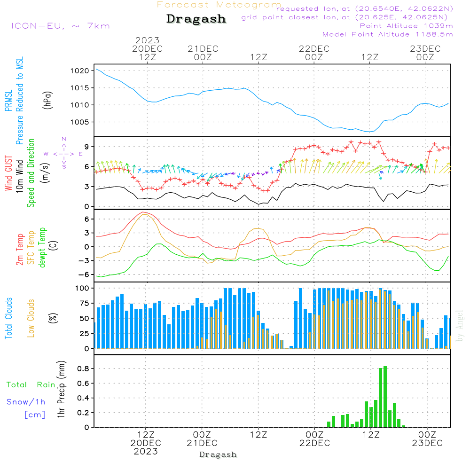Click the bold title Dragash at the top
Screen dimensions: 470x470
tap(196, 19)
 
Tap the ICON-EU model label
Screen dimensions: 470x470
tap(38, 26)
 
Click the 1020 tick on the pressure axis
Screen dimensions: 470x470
tap(80, 71)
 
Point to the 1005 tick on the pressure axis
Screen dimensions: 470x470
tap(80, 122)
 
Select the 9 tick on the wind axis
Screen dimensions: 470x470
tap(86, 147)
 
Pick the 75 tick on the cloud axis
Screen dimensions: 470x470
tap(84, 303)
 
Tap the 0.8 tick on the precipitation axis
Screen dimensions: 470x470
tap(83, 368)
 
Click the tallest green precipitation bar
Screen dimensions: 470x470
tap(385, 397)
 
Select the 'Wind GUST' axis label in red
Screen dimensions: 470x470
tap(8, 173)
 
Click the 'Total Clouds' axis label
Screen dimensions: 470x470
tap(8, 318)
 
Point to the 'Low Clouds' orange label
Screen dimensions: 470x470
tap(31, 318)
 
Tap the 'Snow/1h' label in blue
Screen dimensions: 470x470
tap(26, 402)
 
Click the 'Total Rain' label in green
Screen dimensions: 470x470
tap(31, 385)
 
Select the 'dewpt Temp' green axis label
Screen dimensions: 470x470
tap(42, 247)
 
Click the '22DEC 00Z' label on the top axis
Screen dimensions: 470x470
tap(314, 53)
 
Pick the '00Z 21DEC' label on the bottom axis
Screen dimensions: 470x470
tap(202, 439)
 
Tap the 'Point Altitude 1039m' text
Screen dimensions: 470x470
tap(406, 26)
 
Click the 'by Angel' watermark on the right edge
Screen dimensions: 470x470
tap(460, 326)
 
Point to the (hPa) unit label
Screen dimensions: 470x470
tap(47, 100)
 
